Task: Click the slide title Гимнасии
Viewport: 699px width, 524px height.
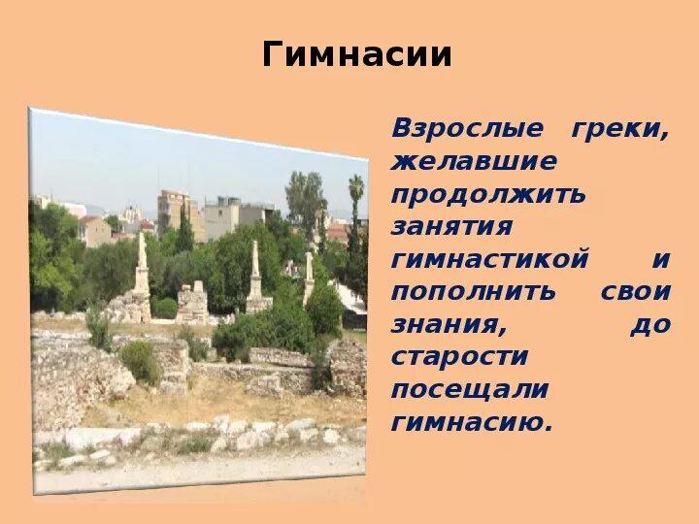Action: [x=357, y=55]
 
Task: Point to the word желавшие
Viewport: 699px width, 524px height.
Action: [x=474, y=161]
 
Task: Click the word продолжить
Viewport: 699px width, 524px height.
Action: [x=488, y=193]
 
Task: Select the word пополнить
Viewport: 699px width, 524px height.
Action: [x=474, y=290]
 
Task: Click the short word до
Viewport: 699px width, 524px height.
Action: [x=650, y=323]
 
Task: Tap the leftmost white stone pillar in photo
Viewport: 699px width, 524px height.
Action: [x=142, y=268]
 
